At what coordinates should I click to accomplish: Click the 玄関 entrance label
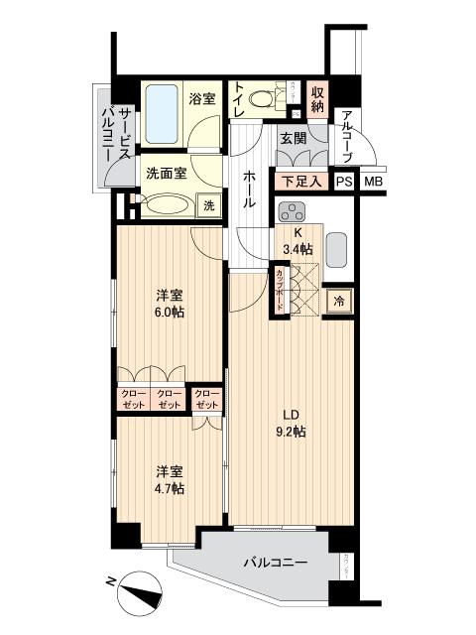(292, 139)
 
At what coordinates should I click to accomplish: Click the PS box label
(343, 182)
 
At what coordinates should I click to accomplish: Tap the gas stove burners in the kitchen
(294, 212)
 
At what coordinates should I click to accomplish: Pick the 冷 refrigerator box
(337, 300)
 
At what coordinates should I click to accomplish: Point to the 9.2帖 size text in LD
(292, 431)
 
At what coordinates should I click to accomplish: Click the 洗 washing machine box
(208, 205)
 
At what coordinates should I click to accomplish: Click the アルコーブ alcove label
(346, 137)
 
